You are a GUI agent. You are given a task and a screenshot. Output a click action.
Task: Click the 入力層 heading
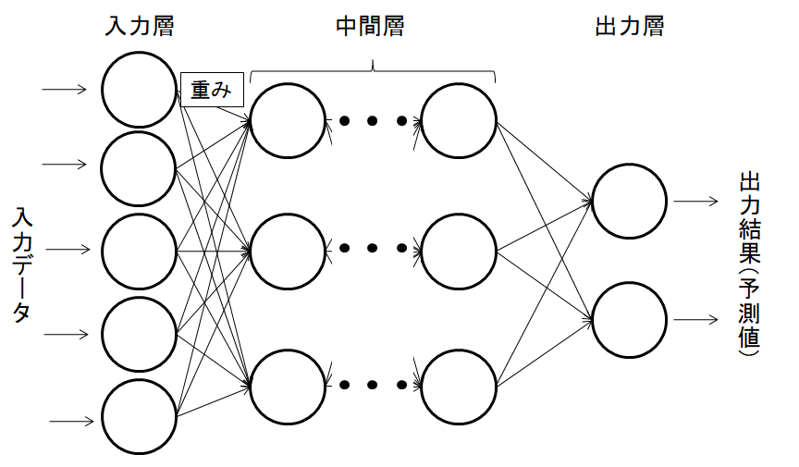[x=140, y=26]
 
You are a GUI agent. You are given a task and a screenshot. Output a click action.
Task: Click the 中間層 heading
[x=371, y=26]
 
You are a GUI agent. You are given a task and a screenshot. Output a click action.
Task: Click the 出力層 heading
[x=630, y=26]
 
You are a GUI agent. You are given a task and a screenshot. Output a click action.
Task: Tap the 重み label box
[x=212, y=90]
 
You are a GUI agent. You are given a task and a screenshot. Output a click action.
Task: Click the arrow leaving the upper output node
[x=695, y=202]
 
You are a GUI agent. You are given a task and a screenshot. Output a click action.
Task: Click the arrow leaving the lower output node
[x=695, y=320]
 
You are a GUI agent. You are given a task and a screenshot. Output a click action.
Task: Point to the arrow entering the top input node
[x=64, y=90]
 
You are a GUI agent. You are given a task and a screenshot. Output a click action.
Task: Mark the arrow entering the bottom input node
[x=72, y=421]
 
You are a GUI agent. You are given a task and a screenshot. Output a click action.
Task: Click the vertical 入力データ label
[x=22, y=264]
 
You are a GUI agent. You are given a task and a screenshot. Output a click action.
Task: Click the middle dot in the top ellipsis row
[x=373, y=121]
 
